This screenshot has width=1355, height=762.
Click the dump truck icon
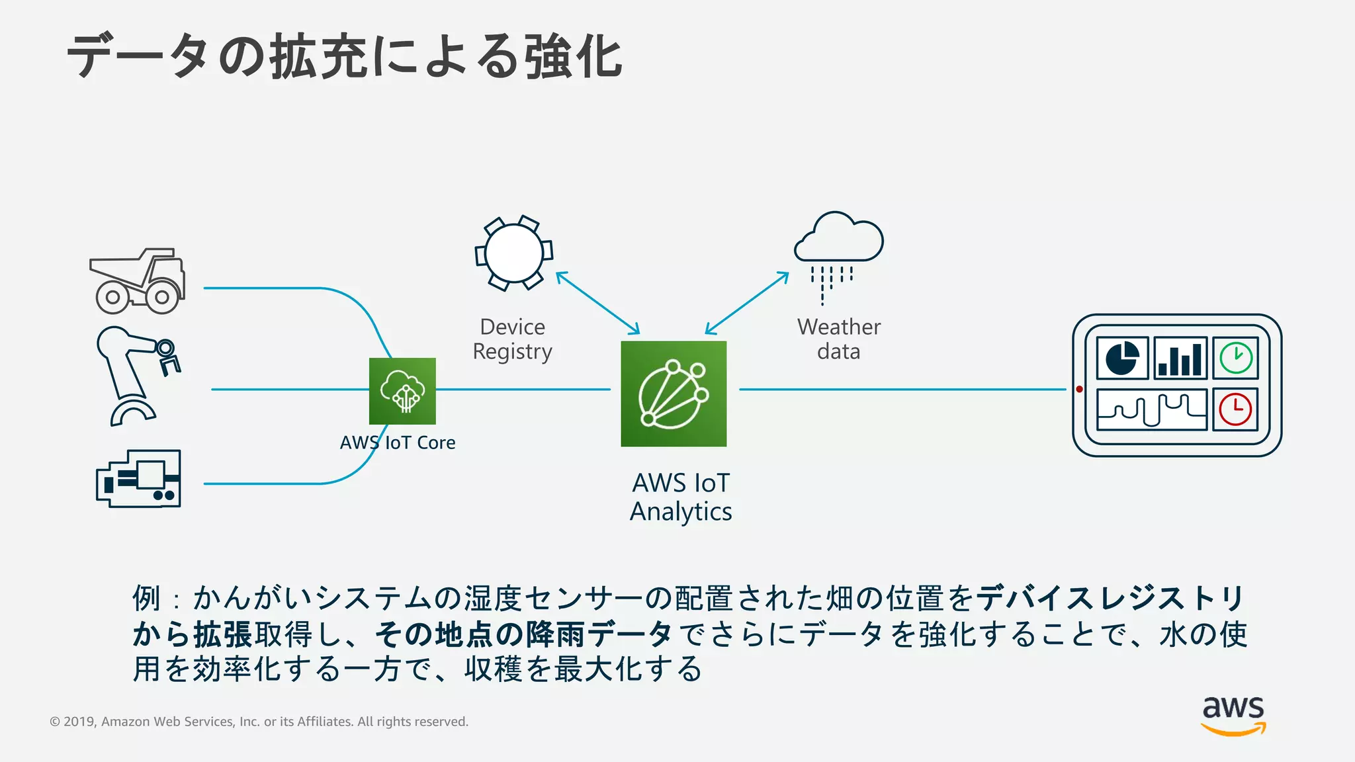[x=138, y=281]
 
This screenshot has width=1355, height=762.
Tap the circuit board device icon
[x=139, y=479]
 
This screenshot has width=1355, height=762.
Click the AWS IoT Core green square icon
[x=402, y=391]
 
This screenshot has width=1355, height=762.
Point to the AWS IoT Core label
[x=398, y=443]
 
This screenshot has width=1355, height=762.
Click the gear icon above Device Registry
[x=513, y=253]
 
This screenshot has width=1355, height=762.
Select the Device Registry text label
[x=512, y=339]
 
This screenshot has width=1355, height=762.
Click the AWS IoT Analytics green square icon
[x=674, y=394]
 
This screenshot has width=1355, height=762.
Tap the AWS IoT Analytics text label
[x=681, y=497]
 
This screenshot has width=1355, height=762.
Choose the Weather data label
[x=838, y=339]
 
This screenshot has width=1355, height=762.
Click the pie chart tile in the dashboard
[x=1122, y=359]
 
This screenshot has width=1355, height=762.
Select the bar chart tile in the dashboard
[x=1180, y=359]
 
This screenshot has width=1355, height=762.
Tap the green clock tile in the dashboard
[x=1235, y=359]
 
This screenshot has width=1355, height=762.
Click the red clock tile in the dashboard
[x=1235, y=409]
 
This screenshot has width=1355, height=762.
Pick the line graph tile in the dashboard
[x=1151, y=409]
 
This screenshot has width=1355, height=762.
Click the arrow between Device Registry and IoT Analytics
[x=598, y=303]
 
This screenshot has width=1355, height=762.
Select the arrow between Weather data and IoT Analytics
[x=747, y=303]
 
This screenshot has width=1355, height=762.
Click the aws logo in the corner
[x=1233, y=714]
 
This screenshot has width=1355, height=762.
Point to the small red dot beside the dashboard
[x=1079, y=390]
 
